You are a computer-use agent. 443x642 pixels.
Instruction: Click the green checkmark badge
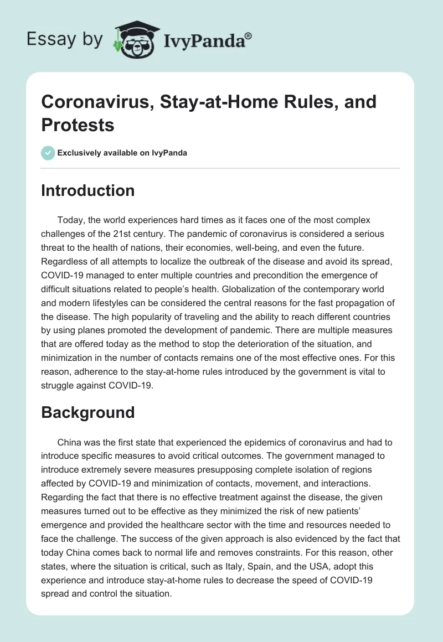[49, 153]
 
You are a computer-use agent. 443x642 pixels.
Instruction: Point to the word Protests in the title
[78, 125]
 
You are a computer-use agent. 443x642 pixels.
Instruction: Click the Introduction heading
[87, 190]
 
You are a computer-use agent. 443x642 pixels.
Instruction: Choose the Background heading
[87, 412]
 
